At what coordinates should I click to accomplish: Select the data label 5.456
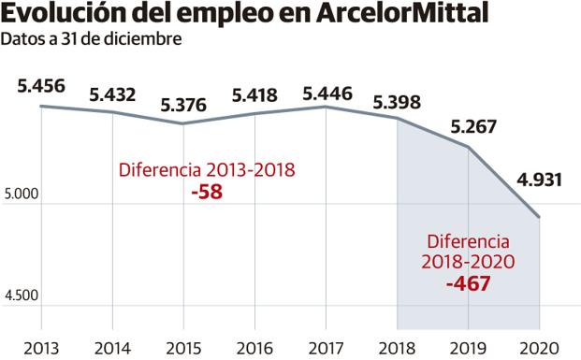(41, 86)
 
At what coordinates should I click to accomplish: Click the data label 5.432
(112, 94)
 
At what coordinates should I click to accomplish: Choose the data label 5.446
(327, 92)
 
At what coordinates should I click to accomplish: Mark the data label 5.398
(398, 100)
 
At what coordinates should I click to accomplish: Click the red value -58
(206, 191)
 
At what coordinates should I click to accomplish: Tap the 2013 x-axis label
(41, 347)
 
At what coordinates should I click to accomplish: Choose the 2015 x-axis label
(184, 347)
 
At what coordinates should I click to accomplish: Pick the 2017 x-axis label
(327, 347)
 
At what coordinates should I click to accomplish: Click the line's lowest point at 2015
(184, 123)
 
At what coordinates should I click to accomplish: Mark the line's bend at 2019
(469, 148)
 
